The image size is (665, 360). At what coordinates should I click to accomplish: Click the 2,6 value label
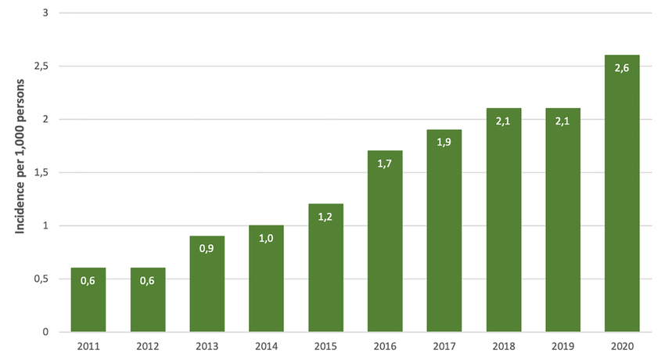(622, 67)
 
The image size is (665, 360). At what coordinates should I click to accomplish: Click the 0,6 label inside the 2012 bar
(148, 280)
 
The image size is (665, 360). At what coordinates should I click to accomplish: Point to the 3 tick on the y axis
(45, 13)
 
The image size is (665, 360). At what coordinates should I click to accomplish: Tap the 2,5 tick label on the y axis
(41, 67)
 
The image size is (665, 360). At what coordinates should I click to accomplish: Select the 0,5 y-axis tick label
(41, 279)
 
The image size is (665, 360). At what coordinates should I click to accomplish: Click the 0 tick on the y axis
(45, 332)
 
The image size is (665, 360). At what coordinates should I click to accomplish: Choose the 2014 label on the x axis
(266, 346)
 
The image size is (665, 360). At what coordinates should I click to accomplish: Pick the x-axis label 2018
(503, 346)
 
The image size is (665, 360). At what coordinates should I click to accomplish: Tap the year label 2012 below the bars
(148, 346)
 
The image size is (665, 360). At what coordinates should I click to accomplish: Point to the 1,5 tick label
(41, 173)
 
